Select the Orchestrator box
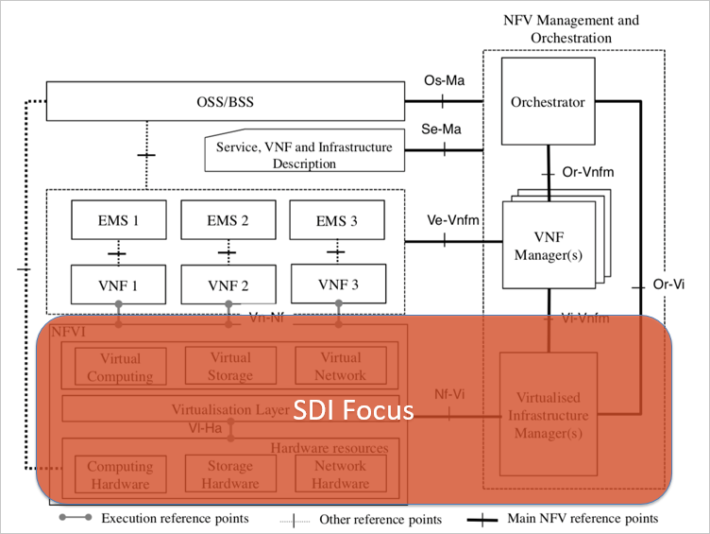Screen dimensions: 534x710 coord(548,102)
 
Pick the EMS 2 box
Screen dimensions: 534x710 coord(228,221)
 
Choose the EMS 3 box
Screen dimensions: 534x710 coord(338,222)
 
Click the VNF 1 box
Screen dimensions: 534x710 coord(119,284)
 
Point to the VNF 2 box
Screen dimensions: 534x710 coord(228,284)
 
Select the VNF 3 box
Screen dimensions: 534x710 coord(338,284)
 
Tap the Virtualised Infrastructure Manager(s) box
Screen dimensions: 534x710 coord(548,413)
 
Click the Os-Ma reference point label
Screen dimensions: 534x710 coord(443,83)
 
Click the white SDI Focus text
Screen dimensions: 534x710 coord(352,411)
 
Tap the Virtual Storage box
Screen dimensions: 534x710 coord(230,367)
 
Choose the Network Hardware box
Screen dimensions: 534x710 coord(340,474)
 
